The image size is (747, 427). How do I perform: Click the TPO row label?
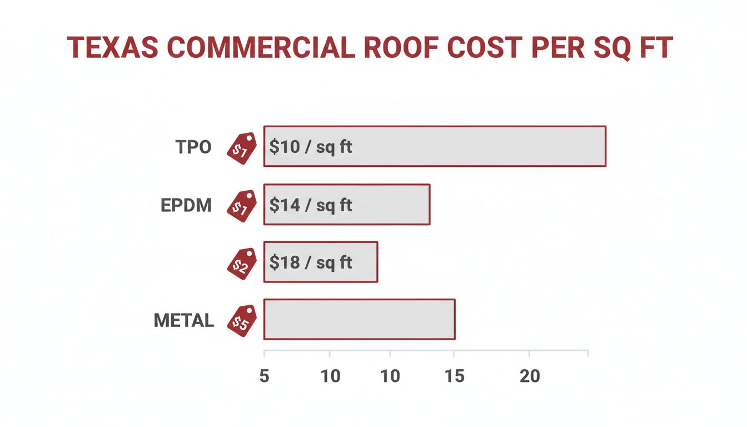tap(193, 147)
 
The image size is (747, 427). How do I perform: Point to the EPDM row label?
tap(186, 205)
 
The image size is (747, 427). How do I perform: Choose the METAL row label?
tap(184, 320)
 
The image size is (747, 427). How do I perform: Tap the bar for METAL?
tap(359, 319)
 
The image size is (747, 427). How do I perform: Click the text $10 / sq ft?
tap(311, 147)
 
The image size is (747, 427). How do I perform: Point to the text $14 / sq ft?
tap(311, 205)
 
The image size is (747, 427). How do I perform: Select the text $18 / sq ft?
tap(311, 262)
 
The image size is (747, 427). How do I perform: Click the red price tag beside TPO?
tap(242, 148)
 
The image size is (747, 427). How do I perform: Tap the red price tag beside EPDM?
tap(242, 206)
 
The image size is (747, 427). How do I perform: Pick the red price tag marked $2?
tap(242, 264)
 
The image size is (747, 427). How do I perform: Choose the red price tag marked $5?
tap(242, 321)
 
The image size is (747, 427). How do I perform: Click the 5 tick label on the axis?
tap(264, 376)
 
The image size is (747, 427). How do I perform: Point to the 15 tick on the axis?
tap(455, 376)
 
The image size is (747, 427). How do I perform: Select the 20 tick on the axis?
tap(530, 376)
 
